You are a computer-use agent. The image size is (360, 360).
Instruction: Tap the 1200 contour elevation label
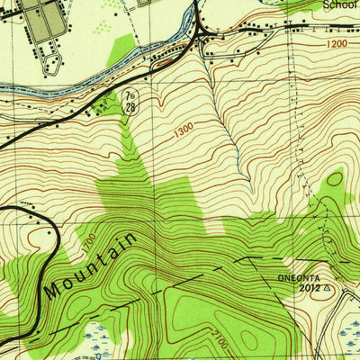pos(337,42)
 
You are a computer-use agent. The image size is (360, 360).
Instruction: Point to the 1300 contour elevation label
pos(184,130)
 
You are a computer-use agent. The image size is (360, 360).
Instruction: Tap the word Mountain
pos(91,267)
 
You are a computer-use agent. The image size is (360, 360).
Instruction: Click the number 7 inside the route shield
pos(130,95)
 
